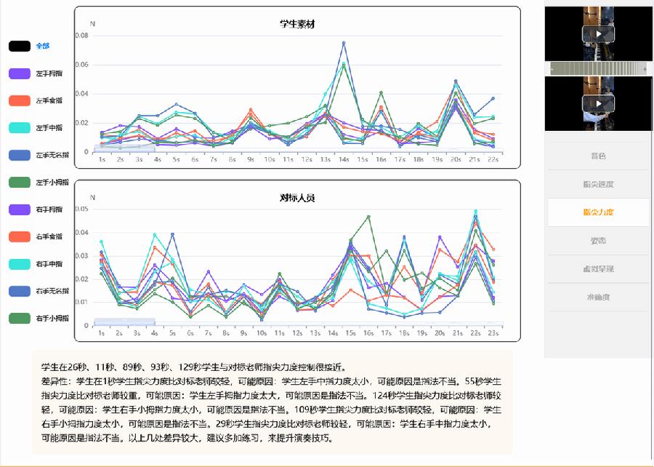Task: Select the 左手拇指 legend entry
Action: point(48,73)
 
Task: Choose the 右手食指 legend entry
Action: point(48,236)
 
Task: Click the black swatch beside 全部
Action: point(20,46)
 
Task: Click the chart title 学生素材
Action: point(297,24)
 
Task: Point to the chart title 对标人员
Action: point(297,198)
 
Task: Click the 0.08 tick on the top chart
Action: point(81,36)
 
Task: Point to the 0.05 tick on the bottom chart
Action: point(81,209)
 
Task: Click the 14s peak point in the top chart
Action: point(344,43)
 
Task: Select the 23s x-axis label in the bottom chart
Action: point(493,332)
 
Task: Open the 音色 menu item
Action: point(598,156)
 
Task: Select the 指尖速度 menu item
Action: point(598,184)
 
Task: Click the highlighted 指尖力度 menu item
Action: point(598,212)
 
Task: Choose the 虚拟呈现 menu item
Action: point(598,269)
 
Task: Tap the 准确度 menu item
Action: point(598,298)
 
